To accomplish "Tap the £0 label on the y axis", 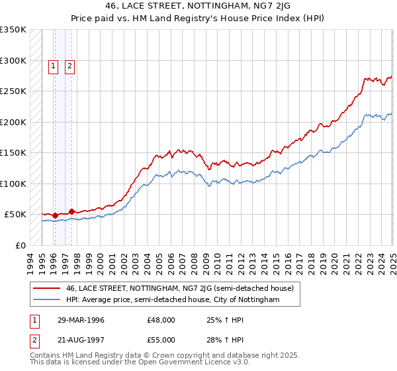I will (x=21, y=245).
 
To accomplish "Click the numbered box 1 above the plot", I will (x=52, y=65).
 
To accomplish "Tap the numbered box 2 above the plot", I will (x=69, y=65).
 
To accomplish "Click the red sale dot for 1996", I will (x=55, y=215).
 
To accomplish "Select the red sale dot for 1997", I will (x=71, y=211).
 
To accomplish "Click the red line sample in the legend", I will (x=48, y=288).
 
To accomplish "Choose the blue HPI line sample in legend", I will (x=48, y=300).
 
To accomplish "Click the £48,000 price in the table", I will (x=161, y=320).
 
